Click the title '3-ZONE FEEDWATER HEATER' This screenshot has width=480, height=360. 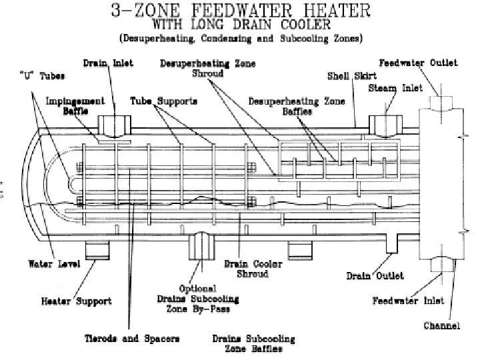240,11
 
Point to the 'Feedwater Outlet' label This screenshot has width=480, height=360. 418,63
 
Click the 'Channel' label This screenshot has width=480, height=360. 442,327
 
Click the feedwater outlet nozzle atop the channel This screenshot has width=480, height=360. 441,101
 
